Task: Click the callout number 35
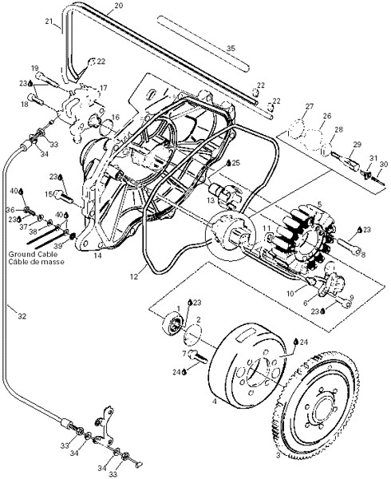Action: point(231,48)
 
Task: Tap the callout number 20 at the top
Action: point(119,6)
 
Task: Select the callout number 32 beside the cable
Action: point(22,316)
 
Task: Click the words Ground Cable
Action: point(33,254)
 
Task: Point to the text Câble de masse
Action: point(37,262)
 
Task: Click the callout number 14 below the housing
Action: point(97,255)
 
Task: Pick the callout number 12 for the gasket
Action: point(134,277)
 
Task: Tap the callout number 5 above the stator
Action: point(319,204)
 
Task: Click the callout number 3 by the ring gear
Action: point(278,464)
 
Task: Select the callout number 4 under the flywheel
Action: point(215,402)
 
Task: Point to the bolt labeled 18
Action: point(37,99)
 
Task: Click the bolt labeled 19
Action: point(47,79)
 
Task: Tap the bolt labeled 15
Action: point(63,196)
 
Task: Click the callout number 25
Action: point(236,163)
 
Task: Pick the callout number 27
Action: point(309,106)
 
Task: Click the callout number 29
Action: point(357,144)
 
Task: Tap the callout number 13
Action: point(211,200)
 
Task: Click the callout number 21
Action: point(49,22)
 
